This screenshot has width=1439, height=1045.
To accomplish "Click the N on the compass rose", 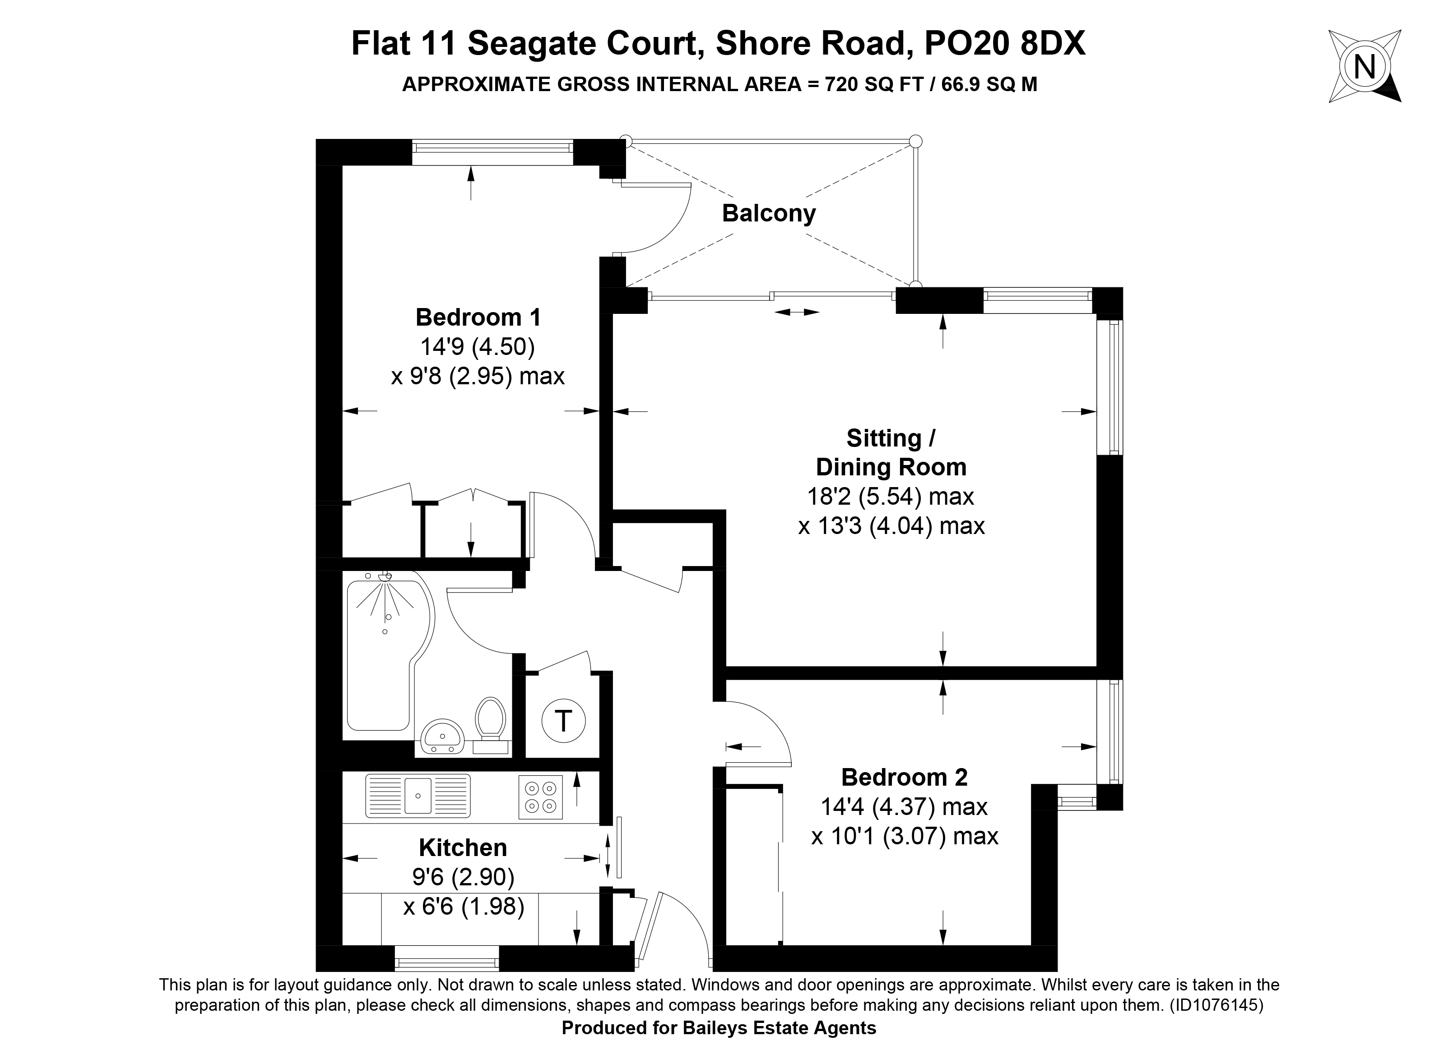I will (1365, 66).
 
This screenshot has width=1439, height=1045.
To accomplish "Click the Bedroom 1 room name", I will (478, 317).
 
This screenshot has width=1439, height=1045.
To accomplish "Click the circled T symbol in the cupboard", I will (563, 721).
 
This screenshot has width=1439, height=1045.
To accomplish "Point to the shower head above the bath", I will (385, 577).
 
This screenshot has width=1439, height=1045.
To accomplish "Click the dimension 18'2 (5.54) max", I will (890, 497).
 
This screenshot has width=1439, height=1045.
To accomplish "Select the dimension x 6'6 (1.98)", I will (464, 907).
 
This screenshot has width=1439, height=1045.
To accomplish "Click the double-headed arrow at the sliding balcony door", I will (797, 312).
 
